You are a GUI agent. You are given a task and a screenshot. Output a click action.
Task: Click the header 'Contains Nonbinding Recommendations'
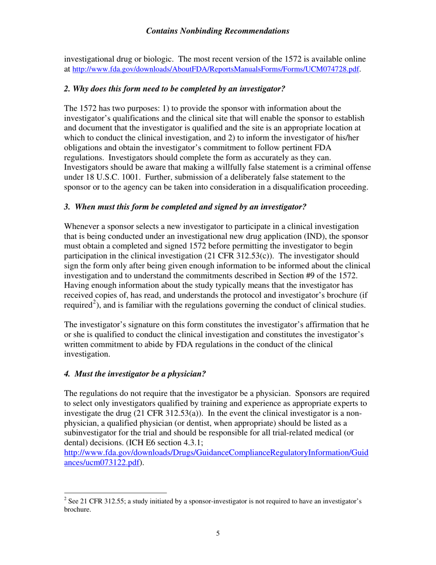pyautogui.click(x=218, y=31)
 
